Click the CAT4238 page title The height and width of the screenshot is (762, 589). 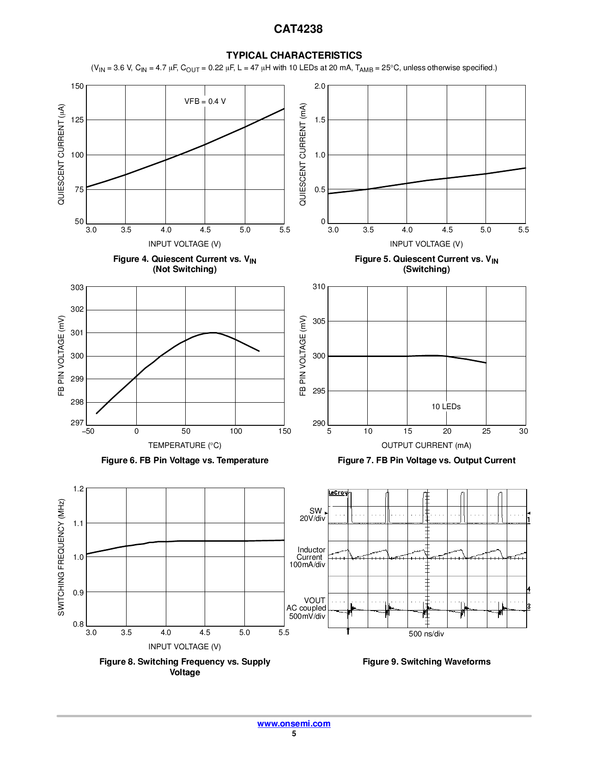[x=298, y=29]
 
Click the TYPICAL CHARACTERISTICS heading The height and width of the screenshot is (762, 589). [x=294, y=55]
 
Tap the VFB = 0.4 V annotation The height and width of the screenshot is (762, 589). [x=205, y=102]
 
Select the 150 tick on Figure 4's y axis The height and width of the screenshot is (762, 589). [x=77, y=86]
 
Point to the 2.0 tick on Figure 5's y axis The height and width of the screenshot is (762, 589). [x=320, y=86]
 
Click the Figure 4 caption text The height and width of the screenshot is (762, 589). [x=185, y=264]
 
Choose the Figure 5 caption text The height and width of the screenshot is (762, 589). [x=426, y=264]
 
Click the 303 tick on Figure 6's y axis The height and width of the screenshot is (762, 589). [x=77, y=288]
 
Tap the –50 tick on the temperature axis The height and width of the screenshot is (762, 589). [x=88, y=431]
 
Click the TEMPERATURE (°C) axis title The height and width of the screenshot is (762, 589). [x=185, y=446]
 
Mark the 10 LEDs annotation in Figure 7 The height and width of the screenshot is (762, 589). [x=446, y=407]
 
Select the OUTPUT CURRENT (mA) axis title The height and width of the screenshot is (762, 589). [x=426, y=446]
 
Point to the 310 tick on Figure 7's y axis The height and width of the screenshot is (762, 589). [x=319, y=287]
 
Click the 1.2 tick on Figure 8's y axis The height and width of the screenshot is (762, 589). [x=79, y=489]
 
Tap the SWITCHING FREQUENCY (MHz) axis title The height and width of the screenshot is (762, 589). [x=61, y=557]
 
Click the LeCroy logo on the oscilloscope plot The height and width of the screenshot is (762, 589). [x=338, y=493]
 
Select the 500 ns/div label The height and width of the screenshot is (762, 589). [x=426, y=634]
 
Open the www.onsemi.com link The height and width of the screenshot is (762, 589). [x=294, y=724]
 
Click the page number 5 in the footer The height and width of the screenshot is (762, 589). [x=294, y=734]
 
